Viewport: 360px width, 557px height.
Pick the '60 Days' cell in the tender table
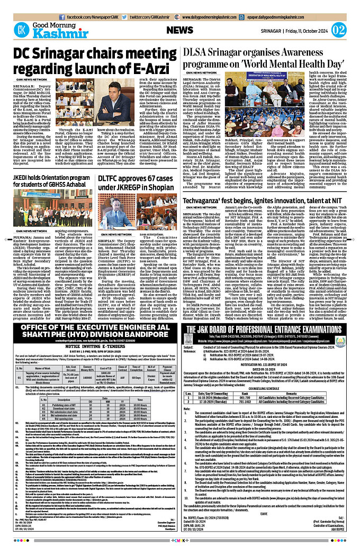pyautogui.click(x=135, y=348)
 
